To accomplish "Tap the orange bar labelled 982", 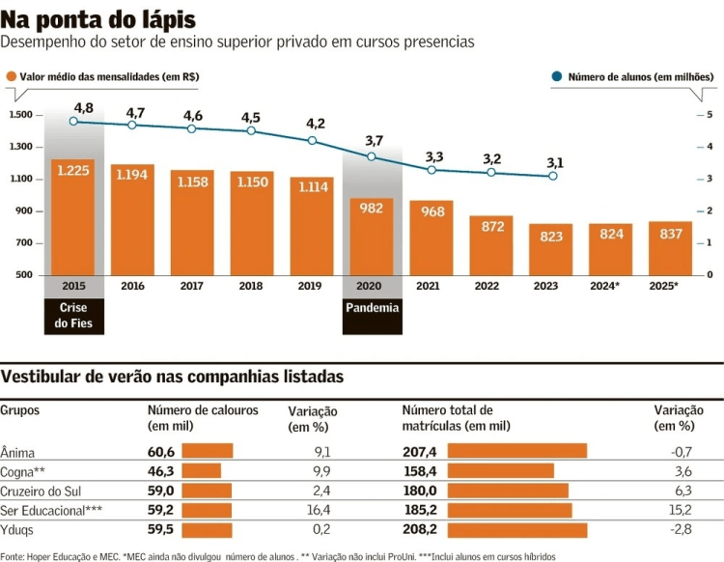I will pyautogui.click(x=372, y=237).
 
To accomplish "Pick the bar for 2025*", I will pyautogui.click(x=670, y=248).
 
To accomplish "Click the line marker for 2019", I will pyautogui.click(x=312, y=141).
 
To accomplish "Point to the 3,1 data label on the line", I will pyautogui.click(x=554, y=162).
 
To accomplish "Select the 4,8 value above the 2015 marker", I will pyautogui.click(x=83, y=107).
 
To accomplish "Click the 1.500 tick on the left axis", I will pyautogui.click(x=22, y=115).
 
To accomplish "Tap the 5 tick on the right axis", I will pyautogui.click(x=710, y=115).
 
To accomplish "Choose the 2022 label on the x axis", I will pyautogui.click(x=491, y=286).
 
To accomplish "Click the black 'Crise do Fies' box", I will pyautogui.click(x=73, y=315).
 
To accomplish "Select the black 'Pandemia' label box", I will pyautogui.click(x=372, y=308).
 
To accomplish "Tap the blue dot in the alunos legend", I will pyautogui.click(x=557, y=76).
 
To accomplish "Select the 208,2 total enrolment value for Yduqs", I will pyautogui.click(x=420, y=529).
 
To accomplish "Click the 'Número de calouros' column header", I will pyautogui.click(x=203, y=410).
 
